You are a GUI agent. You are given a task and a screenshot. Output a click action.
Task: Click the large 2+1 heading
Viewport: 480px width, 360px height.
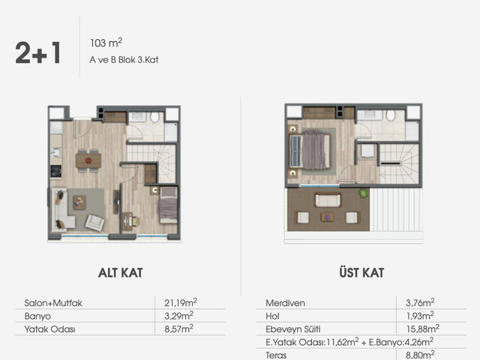(38, 52)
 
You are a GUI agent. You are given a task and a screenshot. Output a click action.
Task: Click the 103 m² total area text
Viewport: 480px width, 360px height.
(106, 43)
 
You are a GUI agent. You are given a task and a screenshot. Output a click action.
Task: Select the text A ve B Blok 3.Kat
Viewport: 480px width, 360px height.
(124, 60)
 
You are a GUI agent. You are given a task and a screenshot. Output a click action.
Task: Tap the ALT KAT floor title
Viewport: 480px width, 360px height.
(120, 273)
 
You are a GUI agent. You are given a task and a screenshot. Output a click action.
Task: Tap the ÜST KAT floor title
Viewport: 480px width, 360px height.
(361, 271)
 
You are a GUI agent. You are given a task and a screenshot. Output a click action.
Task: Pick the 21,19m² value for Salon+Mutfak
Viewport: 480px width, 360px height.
(181, 302)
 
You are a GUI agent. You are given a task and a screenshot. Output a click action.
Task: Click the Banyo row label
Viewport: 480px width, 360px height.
(37, 316)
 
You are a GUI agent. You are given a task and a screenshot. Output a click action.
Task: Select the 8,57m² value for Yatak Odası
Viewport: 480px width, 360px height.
(178, 328)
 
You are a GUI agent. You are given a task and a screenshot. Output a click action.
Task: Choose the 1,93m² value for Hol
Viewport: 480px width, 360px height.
(420, 316)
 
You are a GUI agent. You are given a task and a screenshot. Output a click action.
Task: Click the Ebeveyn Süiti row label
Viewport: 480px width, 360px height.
(293, 329)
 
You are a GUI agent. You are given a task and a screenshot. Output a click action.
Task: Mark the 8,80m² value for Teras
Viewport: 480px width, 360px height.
(420, 355)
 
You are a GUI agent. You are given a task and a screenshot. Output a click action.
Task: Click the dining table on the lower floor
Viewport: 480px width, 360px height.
(88, 160)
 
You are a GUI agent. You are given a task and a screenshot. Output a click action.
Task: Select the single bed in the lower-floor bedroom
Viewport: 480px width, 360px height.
(168, 205)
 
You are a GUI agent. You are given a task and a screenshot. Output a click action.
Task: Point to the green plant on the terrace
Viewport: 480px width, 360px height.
(363, 193)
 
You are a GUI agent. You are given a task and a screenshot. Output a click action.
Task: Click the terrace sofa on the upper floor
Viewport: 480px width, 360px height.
(328, 200)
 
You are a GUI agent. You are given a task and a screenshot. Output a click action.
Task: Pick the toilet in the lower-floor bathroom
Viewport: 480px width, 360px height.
(155, 117)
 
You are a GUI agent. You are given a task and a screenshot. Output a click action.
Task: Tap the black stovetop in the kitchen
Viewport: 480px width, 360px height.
(55, 171)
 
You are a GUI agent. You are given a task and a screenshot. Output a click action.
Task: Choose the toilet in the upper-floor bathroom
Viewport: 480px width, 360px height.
(391, 115)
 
